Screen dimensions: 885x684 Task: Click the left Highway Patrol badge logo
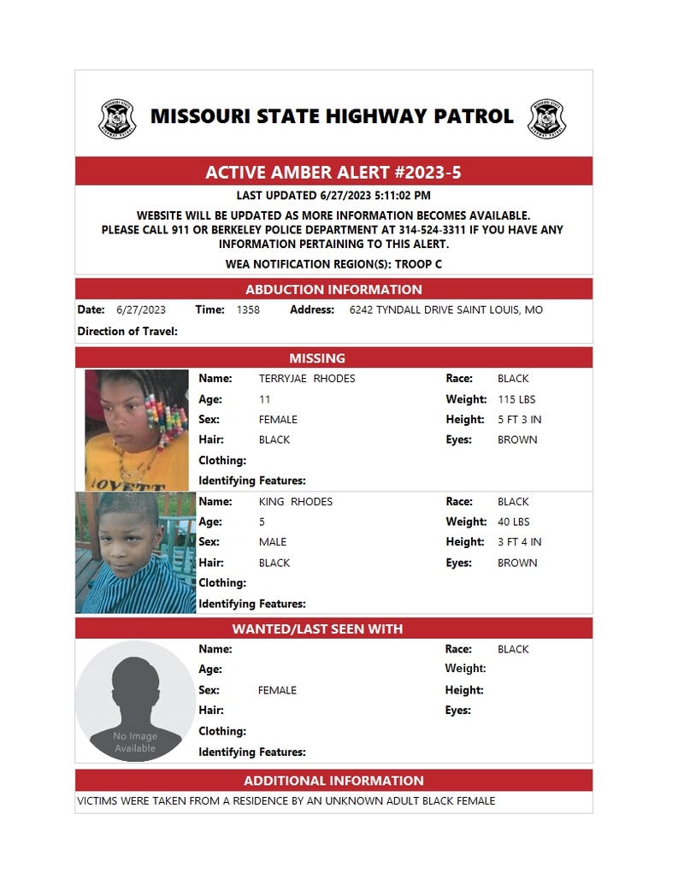point(117,119)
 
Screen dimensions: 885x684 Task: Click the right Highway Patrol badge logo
point(546,119)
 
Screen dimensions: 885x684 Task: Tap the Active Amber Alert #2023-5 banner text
point(333,172)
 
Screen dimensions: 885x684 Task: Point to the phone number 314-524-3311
point(433,230)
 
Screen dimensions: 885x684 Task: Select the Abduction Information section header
point(333,289)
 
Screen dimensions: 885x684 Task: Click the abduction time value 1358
point(248,310)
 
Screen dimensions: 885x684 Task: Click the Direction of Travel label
point(127,331)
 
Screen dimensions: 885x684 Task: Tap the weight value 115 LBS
point(516,399)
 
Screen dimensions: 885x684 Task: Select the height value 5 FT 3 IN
point(519,420)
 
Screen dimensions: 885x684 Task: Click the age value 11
point(264,399)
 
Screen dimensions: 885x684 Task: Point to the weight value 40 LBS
point(514,522)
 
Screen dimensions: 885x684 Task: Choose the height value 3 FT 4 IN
point(519,542)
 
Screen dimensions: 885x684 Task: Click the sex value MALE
point(273,542)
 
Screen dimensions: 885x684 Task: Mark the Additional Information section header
point(333,780)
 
